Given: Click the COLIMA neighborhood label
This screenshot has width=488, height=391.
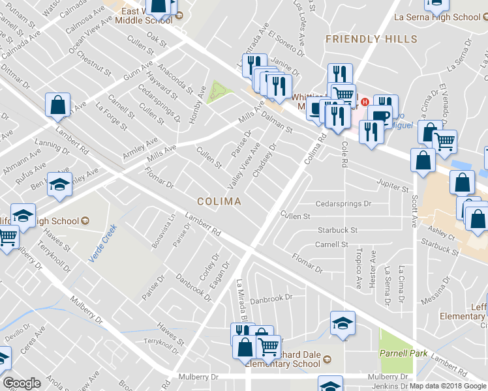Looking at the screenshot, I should [220, 201].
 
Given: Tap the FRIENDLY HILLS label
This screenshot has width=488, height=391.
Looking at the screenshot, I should [371, 39].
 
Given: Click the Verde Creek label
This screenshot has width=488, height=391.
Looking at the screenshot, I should [102, 243].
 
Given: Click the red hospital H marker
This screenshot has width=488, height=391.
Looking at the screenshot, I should [365, 102].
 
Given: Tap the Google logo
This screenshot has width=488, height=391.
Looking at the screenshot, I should [22, 383].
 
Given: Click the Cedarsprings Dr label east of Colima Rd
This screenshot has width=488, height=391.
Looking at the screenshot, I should [343, 204].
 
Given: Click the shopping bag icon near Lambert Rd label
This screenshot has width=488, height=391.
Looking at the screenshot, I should [58, 106].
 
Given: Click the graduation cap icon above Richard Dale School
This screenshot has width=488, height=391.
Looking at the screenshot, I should [342, 322].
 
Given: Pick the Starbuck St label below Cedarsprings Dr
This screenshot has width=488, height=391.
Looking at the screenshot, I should [337, 230].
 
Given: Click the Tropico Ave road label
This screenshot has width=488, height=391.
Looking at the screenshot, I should [358, 269].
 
